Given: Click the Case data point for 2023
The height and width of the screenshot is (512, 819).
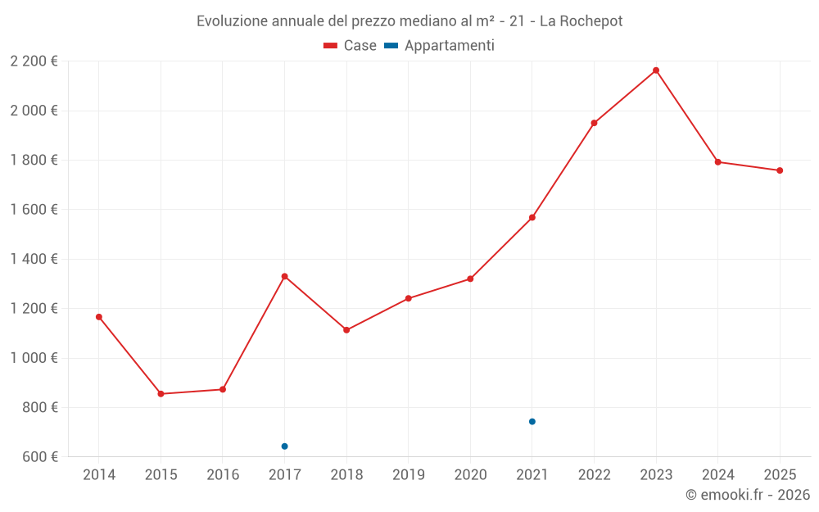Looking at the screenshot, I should (x=656, y=70).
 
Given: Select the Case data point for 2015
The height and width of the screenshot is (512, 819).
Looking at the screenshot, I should (x=161, y=394).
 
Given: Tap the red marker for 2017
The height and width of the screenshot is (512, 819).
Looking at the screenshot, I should (x=284, y=276).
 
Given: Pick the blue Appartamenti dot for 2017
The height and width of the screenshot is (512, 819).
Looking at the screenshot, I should (x=284, y=446).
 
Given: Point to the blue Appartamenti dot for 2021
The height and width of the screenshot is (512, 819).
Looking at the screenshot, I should (x=532, y=422).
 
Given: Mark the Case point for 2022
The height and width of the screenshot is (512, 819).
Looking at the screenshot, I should (x=594, y=123).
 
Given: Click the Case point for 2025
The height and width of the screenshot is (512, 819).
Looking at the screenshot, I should (x=780, y=170).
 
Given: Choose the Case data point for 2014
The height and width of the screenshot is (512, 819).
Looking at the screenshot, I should (x=99, y=317).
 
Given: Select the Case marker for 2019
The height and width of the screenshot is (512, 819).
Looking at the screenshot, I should (x=409, y=298).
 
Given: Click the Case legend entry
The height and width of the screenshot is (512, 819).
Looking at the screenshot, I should (x=351, y=46).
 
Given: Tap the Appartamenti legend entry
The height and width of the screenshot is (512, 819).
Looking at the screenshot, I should (x=440, y=46).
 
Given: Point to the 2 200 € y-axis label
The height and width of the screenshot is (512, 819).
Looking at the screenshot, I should (x=34, y=61).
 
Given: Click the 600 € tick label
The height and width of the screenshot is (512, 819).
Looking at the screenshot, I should (x=40, y=457).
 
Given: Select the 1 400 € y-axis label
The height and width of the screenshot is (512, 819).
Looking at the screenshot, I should (x=34, y=259).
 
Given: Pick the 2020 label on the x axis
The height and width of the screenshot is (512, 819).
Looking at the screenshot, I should (x=470, y=475).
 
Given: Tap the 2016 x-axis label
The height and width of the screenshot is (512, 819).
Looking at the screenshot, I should (x=223, y=475).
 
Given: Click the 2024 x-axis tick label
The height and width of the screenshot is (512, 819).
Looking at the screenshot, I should (x=718, y=475).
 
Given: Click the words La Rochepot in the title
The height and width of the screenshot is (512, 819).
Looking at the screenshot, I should (x=581, y=21).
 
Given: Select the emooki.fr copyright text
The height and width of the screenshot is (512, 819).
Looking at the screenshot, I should (x=748, y=495).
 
